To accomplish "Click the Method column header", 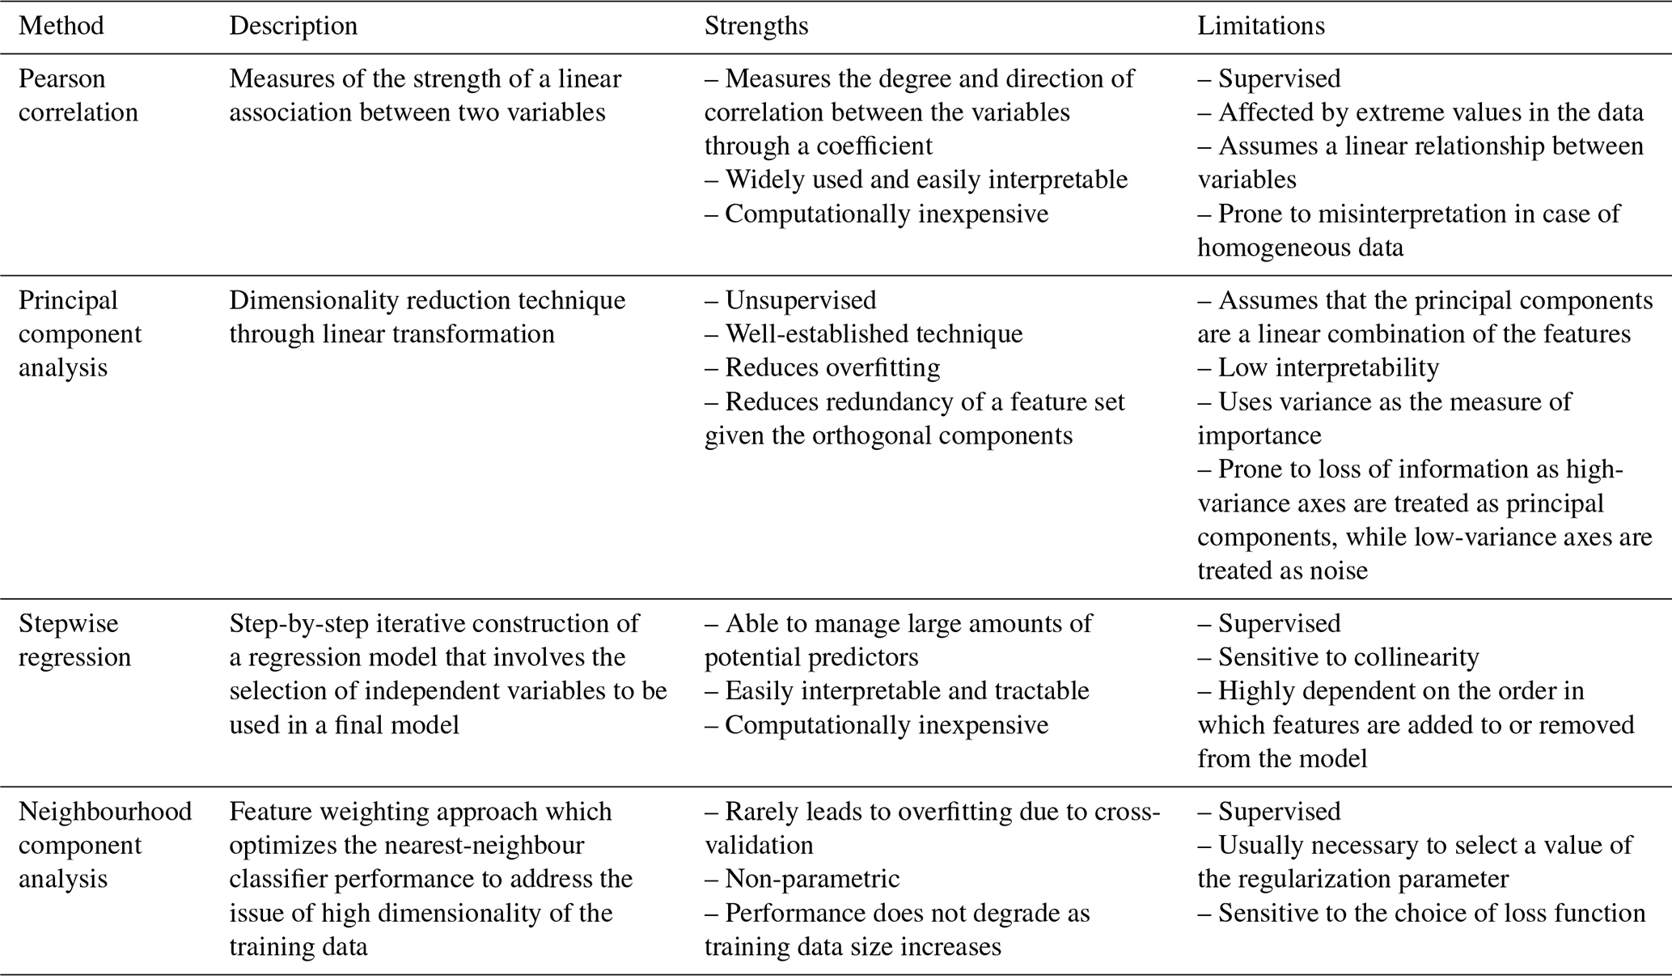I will coord(61,26).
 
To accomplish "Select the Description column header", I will coord(293,26).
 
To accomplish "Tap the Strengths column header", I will coord(756,26).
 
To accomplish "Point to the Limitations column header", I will coord(1260,26).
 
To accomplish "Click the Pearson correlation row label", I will coord(78,95).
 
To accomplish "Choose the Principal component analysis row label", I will coord(80,333).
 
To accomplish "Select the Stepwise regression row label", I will coord(74,640).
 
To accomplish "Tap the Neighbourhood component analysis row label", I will coord(105,845).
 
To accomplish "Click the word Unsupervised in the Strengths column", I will coord(800,300).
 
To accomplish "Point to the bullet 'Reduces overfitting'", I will coord(832,368).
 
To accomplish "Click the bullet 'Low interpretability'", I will coord(1328,368).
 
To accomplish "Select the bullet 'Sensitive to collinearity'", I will coord(1348,657).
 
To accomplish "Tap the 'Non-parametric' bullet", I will coord(811,879).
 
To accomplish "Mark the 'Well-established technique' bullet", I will coord(874,334).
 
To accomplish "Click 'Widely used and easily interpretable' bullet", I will coord(925,180).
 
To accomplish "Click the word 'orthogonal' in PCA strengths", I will coord(871,436).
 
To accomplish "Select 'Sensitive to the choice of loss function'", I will coord(1431,913).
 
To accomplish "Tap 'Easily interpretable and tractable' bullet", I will coord(907,691).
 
